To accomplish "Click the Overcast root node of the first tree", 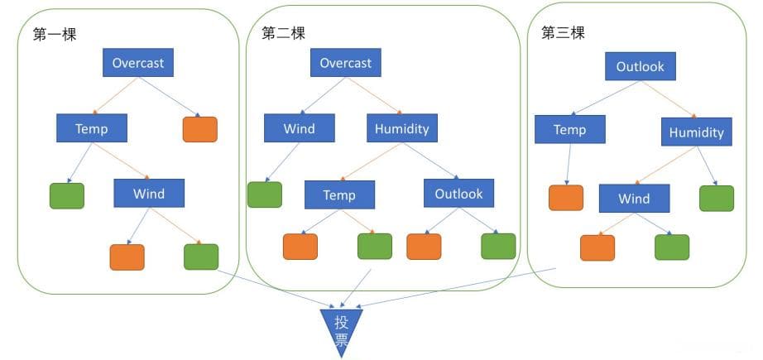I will [x=139, y=63].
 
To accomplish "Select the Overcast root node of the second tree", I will [x=345, y=63].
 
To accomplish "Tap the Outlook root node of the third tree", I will [x=640, y=67].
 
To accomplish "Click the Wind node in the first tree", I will [x=149, y=194].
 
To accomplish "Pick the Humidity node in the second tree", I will [x=402, y=128].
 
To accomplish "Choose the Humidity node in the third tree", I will [x=696, y=132].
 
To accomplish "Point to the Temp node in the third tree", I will [x=569, y=130].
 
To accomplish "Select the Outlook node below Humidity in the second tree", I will [x=458, y=194].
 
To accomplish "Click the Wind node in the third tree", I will [x=634, y=199].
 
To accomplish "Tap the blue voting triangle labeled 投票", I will [x=341, y=327].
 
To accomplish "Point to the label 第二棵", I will [x=283, y=33].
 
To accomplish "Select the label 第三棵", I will [x=563, y=33].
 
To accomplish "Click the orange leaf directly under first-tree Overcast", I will [x=199, y=129].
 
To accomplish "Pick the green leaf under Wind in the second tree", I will [x=264, y=194].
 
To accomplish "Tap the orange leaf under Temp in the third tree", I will [x=566, y=199].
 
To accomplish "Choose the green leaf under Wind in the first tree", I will [x=200, y=257].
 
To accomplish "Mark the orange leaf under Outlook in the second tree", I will [x=424, y=247].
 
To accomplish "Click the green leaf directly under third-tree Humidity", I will [x=717, y=199].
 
